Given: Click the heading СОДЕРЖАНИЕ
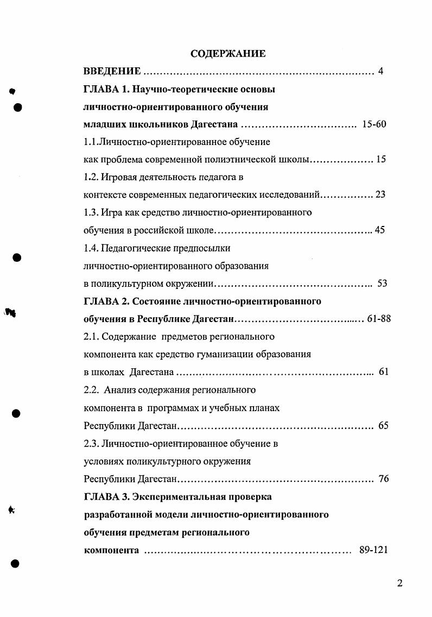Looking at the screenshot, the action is pos(228,54).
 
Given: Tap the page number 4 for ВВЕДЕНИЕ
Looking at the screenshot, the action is pos(380,71).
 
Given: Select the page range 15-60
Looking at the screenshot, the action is pos(373,124).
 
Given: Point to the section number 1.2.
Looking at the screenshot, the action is pos(91,178).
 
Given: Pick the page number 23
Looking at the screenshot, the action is pos(380,194).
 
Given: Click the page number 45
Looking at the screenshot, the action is pos(380,230).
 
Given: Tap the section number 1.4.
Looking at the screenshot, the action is pos(91,248).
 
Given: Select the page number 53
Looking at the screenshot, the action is pos(382,283).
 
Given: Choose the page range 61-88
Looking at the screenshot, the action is pos(379,318).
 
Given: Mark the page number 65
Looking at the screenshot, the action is pos(383,425).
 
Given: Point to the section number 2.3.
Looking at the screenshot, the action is pos(91,443).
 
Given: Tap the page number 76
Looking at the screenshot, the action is pos(383,479).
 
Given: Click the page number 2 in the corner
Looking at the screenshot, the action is pos(400,584).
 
